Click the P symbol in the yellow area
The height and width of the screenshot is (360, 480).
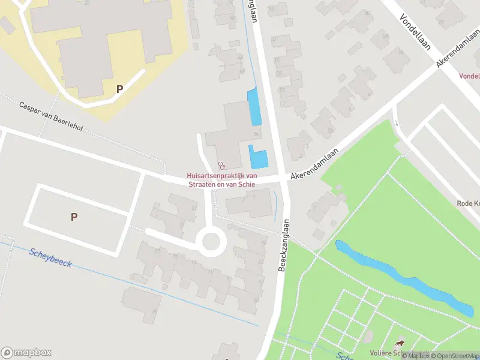pos(119,89)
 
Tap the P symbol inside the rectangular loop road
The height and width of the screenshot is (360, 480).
pos(74,217)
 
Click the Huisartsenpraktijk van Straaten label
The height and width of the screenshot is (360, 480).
pos(222,179)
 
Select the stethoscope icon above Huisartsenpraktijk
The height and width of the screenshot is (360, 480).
pos(222,165)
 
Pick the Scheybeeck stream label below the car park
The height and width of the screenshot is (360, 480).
pos(50,257)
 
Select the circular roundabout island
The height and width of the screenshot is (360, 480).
pos(211,242)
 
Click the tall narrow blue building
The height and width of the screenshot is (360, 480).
pos(254,107)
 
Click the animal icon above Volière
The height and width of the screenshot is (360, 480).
pos(400,343)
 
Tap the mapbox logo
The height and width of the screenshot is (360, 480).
pos(26,352)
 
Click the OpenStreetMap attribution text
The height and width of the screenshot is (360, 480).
pos(455,356)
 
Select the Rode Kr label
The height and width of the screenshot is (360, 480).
pos(467,203)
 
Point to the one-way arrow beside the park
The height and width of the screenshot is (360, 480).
pos(397,124)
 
